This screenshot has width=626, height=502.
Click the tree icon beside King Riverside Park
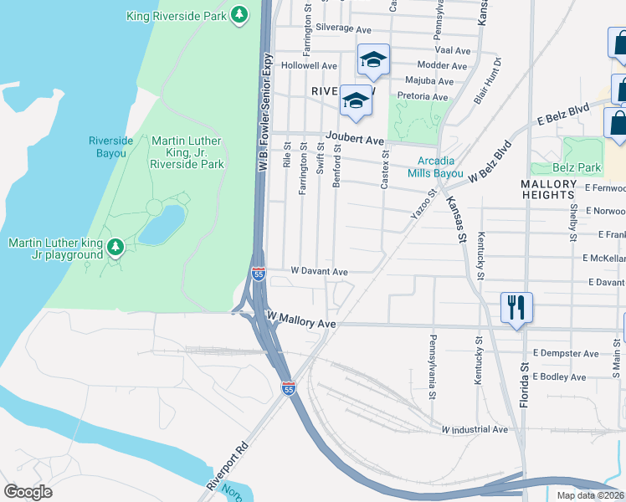click(x=239, y=15)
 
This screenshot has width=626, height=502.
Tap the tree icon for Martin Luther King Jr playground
click(x=116, y=247)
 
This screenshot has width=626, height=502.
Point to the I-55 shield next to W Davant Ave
click(x=259, y=274)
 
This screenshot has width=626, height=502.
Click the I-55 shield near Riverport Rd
click(x=289, y=388)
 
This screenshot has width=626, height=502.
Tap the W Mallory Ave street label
click(x=300, y=324)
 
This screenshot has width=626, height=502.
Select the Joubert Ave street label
click(x=354, y=141)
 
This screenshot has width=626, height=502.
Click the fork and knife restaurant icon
click(x=515, y=307)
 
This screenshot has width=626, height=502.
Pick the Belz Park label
click(x=576, y=167)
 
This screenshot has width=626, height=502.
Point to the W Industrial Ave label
click(x=474, y=429)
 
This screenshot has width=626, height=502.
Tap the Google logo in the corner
click(x=28, y=492)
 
